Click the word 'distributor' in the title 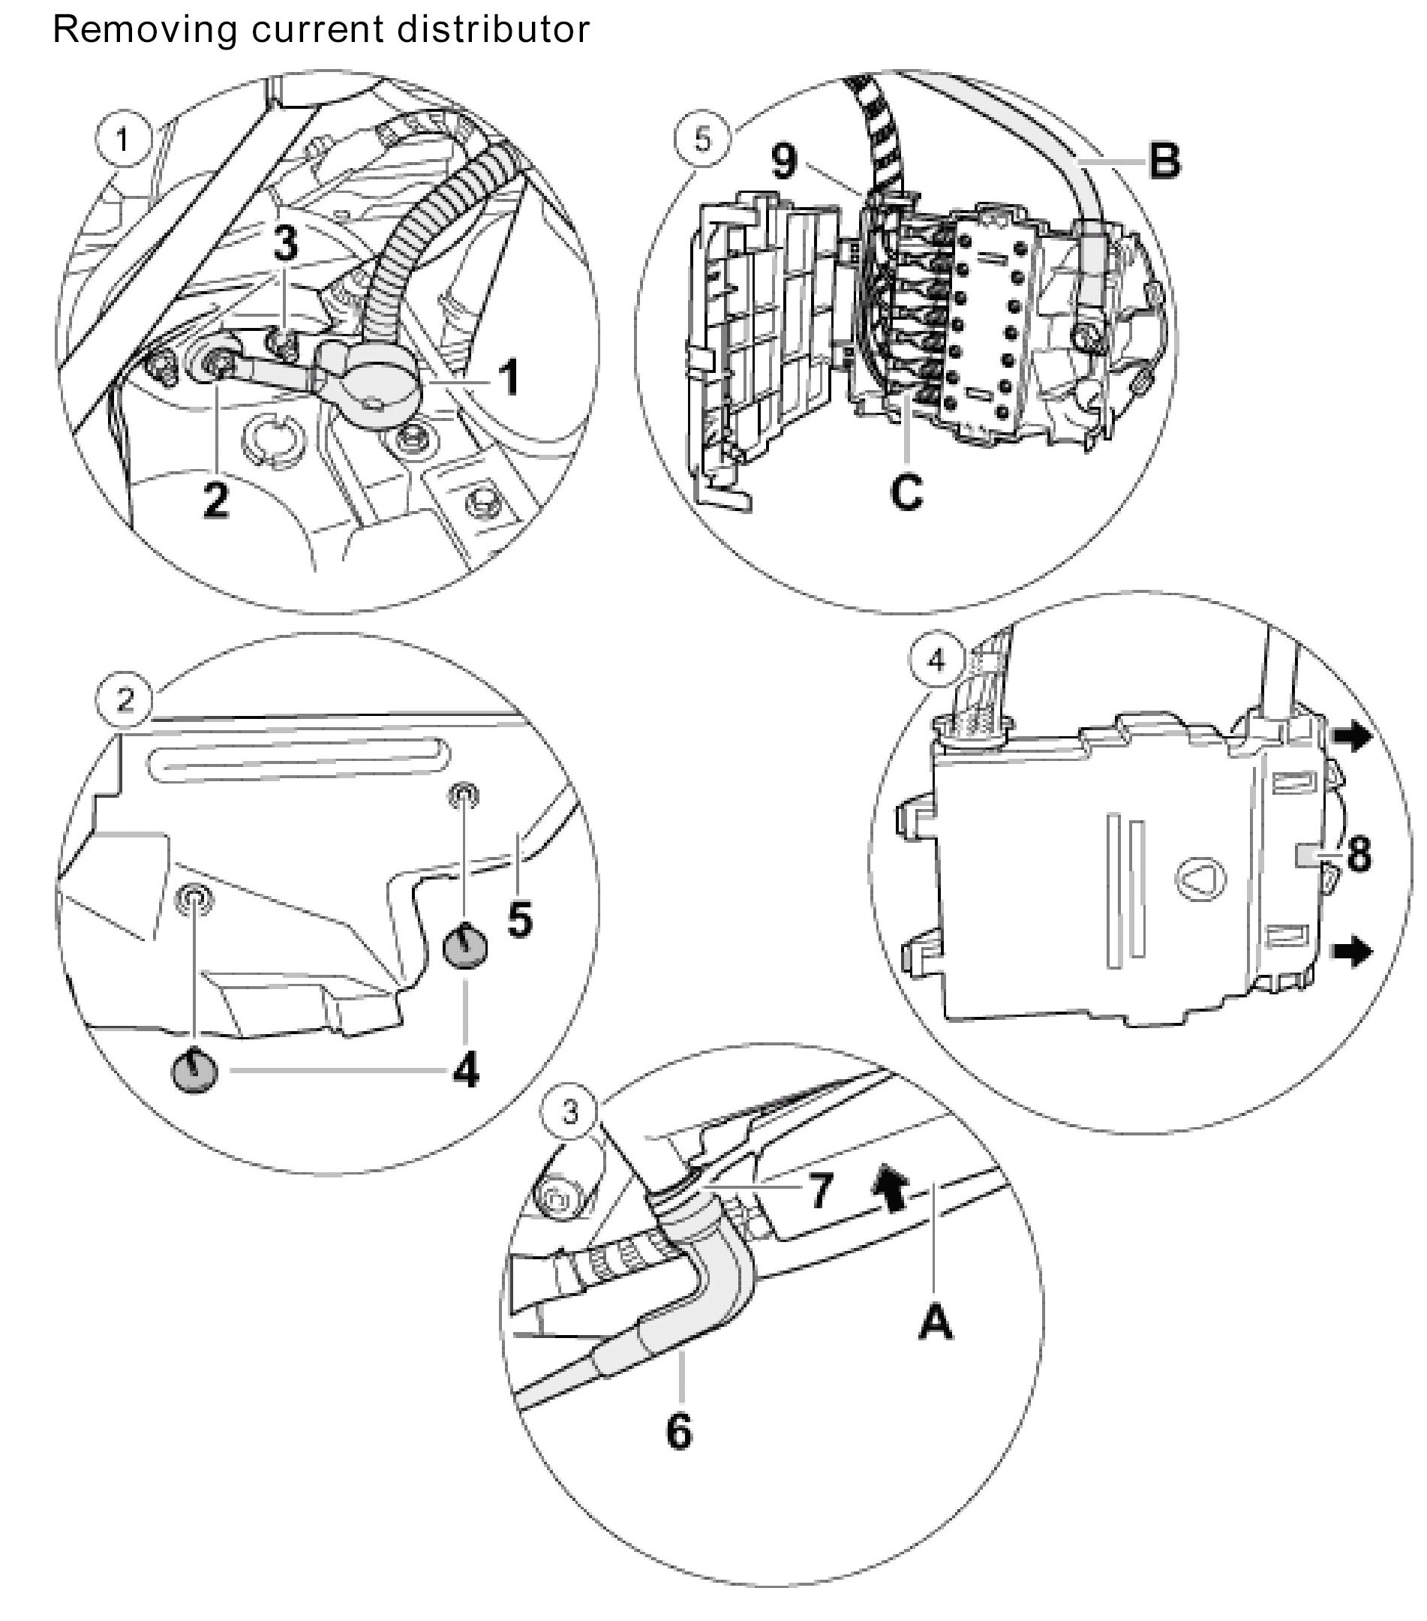[493, 30]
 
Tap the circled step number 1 [122, 140]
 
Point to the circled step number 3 [570, 1113]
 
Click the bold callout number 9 [784, 161]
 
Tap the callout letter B [1164, 161]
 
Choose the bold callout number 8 [1359, 855]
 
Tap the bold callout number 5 [519, 920]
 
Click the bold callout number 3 [285, 242]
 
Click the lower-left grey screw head [194, 1072]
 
